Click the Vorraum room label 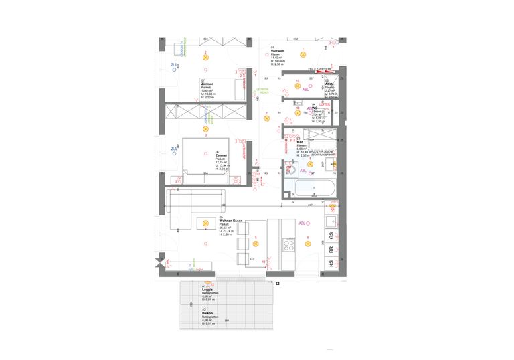coord(277,52)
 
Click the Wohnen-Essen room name coord(230,221)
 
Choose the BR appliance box coord(331,250)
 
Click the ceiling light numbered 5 coord(255,243)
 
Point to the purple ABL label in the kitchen coord(303,223)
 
